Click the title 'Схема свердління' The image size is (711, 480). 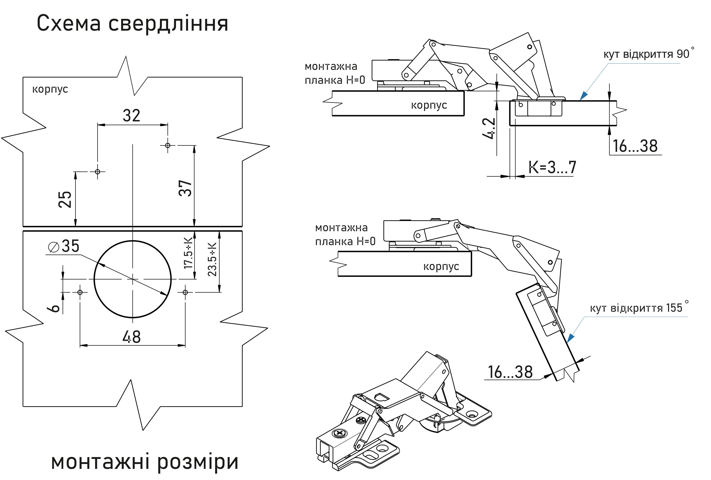coord(132,23)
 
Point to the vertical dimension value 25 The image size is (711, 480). coord(65,199)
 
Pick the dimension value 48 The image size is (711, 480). coord(132,337)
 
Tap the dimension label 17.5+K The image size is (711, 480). coord(188,253)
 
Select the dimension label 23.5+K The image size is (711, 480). coord(212,259)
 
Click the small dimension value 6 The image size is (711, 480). coord(55,308)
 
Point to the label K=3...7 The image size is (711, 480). coord(552,167)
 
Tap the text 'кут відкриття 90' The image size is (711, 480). coord(646,54)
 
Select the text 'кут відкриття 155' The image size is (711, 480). coord(636,308)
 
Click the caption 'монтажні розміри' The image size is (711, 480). coord(144,462)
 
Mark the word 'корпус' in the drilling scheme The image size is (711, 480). coord(50,89)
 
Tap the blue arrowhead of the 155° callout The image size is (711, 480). coord(570,338)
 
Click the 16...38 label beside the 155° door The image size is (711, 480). coord(510,372)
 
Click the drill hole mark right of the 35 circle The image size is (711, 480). coord(185,292)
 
